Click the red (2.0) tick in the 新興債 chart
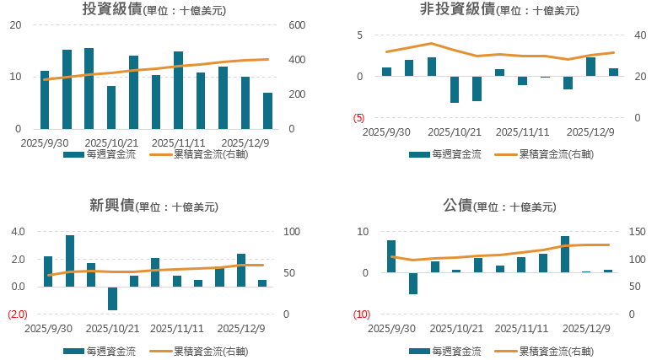click(x=18, y=314)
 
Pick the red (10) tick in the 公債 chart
click(x=360, y=314)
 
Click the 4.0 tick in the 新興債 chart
click(x=18, y=232)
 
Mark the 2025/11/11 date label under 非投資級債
click(x=521, y=132)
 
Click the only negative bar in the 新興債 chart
click(x=112, y=298)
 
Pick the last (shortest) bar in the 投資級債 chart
click(x=267, y=110)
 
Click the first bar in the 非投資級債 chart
click(x=387, y=72)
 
